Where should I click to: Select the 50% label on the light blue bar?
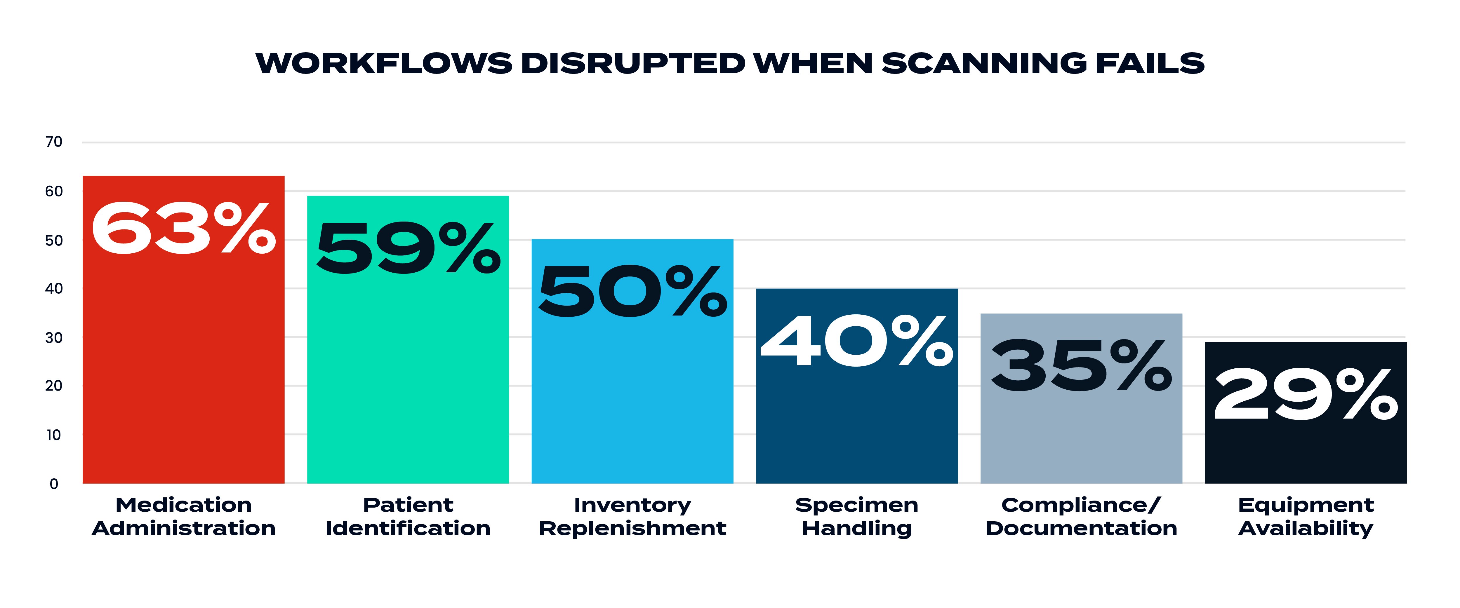pyautogui.click(x=632, y=292)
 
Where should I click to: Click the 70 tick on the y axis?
pyautogui.click(x=54, y=142)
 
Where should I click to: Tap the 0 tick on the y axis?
pyautogui.click(x=54, y=484)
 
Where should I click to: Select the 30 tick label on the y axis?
pyautogui.click(x=54, y=338)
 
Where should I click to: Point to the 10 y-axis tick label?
pyautogui.click(x=54, y=435)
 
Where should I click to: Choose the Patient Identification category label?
pyautogui.click(x=408, y=516)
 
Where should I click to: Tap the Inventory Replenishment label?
pyautogui.click(x=632, y=516)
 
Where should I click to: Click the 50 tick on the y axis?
pyautogui.click(x=54, y=240)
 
